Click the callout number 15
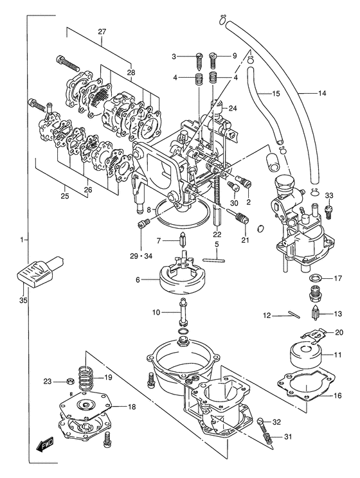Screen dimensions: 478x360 click(x=275, y=94)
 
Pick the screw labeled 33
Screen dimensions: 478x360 click(x=330, y=208)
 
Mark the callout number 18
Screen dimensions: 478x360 click(x=132, y=407)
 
